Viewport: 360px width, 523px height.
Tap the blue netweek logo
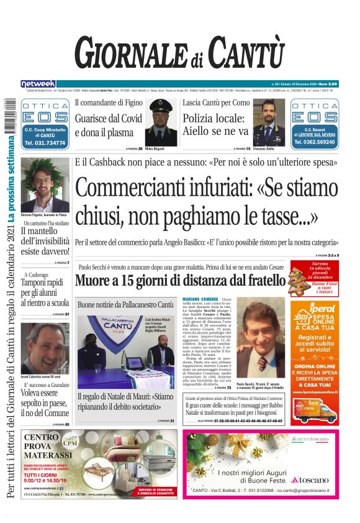[x=38, y=84]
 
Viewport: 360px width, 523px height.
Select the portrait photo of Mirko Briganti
[x=164, y=122]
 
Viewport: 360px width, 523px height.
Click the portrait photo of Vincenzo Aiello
[x=269, y=122]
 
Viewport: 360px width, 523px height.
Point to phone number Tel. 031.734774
[x=45, y=143]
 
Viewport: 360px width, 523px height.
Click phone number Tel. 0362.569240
[x=314, y=143]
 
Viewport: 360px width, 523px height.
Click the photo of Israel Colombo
[x=45, y=348]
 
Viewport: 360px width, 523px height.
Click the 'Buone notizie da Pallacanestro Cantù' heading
[x=126, y=305]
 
